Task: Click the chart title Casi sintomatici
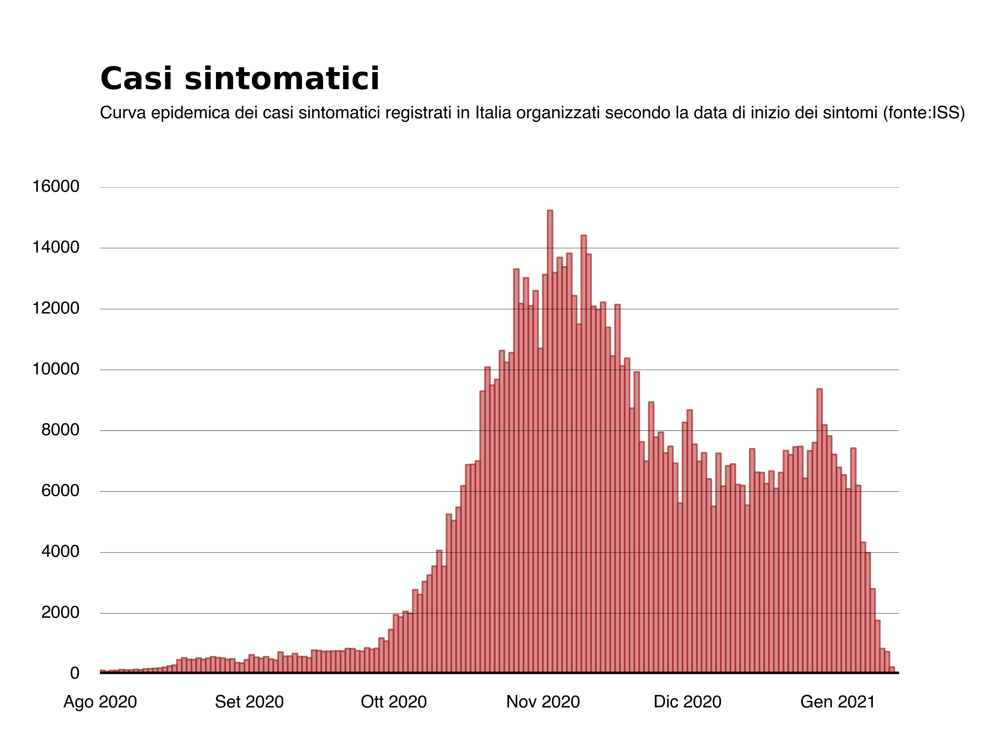coord(239,79)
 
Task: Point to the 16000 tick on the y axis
coord(56,187)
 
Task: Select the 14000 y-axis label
coord(56,247)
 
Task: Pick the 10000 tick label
coord(56,369)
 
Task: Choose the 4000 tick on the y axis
coord(60,552)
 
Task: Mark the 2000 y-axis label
coord(60,613)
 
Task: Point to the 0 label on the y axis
coord(75,673)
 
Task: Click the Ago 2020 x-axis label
coord(100,702)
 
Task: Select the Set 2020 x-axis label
coord(249,702)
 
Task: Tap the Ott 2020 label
coord(394,702)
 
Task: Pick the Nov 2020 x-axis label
coord(543,702)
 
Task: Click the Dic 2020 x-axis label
coord(687,702)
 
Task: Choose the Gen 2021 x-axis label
coord(838,702)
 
